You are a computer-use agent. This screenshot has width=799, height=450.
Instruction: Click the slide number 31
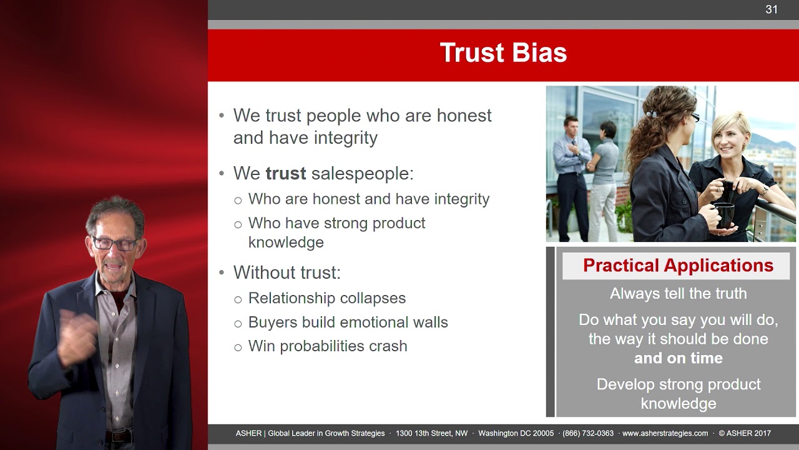click(x=771, y=9)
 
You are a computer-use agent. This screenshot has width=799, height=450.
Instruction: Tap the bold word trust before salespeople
click(x=286, y=174)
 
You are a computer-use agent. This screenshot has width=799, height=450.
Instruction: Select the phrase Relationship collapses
click(x=327, y=298)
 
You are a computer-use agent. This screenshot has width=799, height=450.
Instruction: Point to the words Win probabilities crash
click(x=328, y=346)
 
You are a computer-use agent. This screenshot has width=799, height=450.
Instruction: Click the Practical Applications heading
click(x=678, y=266)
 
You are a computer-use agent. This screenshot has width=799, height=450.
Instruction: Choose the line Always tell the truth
click(x=678, y=294)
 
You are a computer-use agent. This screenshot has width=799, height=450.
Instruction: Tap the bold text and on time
click(x=679, y=358)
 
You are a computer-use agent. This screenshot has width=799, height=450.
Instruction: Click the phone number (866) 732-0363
click(x=588, y=433)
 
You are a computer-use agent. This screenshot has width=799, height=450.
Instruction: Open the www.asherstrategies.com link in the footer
click(x=665, y=433)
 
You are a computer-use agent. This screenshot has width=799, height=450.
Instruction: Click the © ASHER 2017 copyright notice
click(x=745, y=433)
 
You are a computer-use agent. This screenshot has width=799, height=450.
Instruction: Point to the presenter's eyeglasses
click(x=115, y=244)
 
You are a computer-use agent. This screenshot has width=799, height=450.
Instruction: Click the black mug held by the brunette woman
click(x=724, y=215)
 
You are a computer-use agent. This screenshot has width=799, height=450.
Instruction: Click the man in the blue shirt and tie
click(x=572, y=179)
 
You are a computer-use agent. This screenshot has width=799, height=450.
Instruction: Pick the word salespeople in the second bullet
click(x=363, y=174)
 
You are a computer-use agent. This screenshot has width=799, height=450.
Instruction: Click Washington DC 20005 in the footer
click(x=516, y=433)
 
